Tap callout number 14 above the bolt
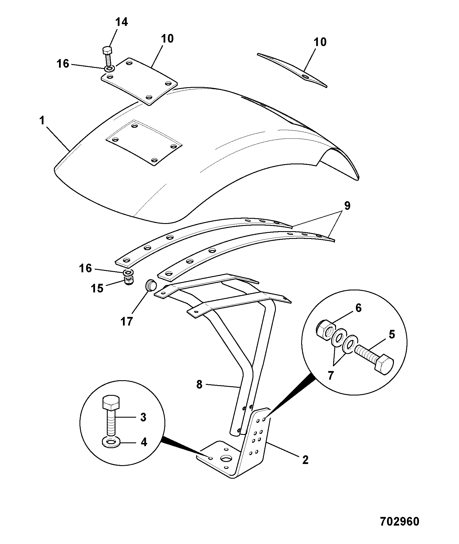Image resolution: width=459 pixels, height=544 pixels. tap(122, 22)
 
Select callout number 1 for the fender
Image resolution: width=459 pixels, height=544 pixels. tap(42, 121)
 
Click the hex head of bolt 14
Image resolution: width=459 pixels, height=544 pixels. tap(107, 51)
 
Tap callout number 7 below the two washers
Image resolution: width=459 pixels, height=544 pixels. tap(330, 375)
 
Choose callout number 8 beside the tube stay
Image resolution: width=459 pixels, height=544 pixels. tap(199, 385)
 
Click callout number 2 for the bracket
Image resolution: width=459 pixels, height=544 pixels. tap(305, 460)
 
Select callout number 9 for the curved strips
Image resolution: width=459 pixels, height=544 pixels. tap(347, 206)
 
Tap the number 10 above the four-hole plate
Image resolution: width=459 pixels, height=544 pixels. tap(167, 39)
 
